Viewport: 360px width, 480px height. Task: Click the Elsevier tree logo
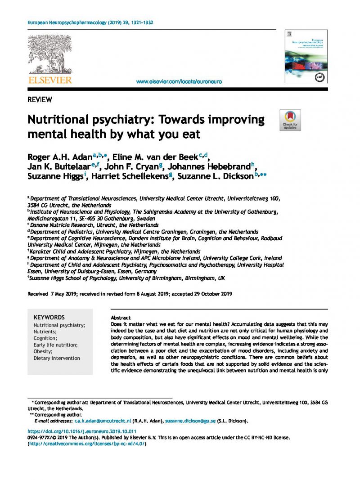[x=50, y=54]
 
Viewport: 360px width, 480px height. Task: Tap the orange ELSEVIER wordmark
[x=50, y=80]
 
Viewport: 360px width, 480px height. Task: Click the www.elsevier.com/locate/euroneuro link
[x=179, y=81]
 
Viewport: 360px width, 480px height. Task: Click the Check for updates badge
[x=290, y=120]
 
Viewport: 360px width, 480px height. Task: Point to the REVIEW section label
[x=40, y=99]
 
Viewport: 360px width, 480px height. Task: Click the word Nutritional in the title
[x=59, y=120]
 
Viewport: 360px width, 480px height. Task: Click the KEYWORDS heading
[x=49, y=317]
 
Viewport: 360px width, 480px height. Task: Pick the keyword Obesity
[x=43, y=351]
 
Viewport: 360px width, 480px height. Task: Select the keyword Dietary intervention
[x=57, y=358]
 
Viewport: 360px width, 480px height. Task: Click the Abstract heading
[x=121, y=318]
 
